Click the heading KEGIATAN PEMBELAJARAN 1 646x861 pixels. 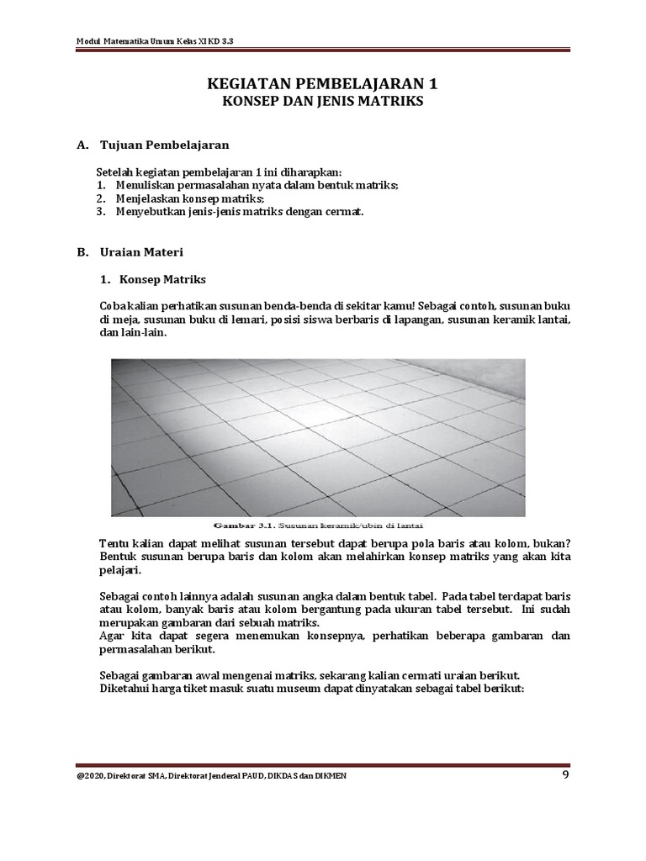pos(322,84)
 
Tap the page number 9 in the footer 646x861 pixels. pos(566,774)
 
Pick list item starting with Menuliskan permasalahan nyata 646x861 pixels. pos(252,184)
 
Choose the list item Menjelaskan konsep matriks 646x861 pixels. pos(185,198)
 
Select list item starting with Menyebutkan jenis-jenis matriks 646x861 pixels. pos(236,212)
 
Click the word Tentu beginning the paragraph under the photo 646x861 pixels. pos(114,544)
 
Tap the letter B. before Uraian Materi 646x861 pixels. pos(82,251)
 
